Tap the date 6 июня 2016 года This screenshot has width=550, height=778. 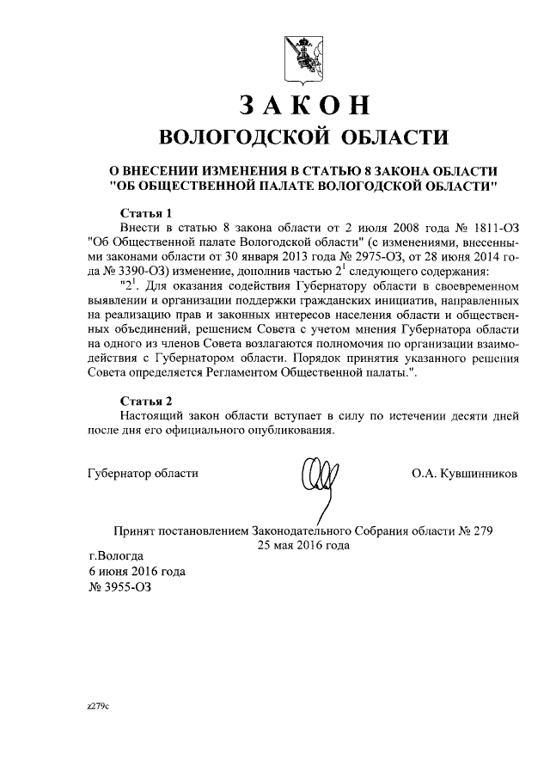(x=137, y=572)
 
